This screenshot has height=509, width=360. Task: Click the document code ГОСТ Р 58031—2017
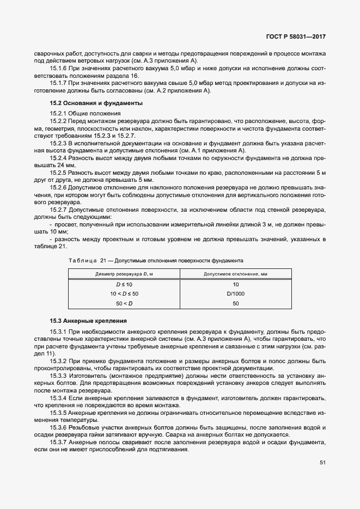(296, 38)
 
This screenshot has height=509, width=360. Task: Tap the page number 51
(322, 463)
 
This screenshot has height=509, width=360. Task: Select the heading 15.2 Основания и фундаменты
(89, 103)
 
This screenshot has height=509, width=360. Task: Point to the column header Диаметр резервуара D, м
(124, 274)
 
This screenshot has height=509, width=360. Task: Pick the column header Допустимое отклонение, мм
(235, 274)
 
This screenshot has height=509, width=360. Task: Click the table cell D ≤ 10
(124, 285)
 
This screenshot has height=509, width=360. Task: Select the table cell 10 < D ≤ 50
(124, 293)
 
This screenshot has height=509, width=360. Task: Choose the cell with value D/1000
(235, 293)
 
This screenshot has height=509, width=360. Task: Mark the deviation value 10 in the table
(235, 285)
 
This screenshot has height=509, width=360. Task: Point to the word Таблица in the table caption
(83, 261)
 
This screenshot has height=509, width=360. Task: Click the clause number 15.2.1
(58, 113)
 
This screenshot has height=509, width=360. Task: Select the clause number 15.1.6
(58, 69)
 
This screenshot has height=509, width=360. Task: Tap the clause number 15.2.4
(58, 157)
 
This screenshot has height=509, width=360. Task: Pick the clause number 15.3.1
(58, 332)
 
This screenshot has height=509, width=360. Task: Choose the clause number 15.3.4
(58, 398)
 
